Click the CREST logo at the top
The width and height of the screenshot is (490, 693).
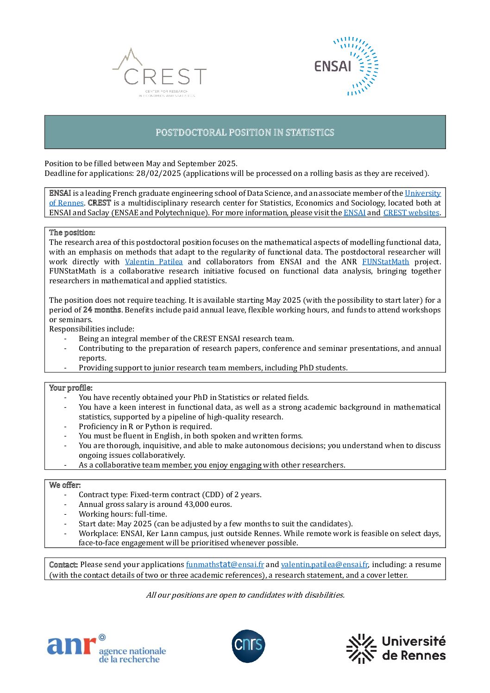pos(160,74)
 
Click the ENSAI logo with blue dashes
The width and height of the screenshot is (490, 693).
pos(346,66)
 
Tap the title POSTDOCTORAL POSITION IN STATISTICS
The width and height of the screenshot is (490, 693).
pos(245,132)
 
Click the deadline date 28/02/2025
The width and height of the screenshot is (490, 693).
pos(159,174)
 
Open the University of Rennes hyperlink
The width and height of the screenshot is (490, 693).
pos(422,194)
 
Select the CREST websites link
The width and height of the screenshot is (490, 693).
pos(411,213)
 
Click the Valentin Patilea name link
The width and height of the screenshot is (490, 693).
pos(154,262)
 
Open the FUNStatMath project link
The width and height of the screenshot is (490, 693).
pos(385,262)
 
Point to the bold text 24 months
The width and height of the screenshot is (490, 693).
pos(102,310)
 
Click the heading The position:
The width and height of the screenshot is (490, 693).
pos(72,233)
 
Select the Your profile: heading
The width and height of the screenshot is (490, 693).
pos(71,388)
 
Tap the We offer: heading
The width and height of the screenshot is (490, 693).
pos(65,485)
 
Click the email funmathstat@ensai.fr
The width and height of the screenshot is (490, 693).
pos(225,565)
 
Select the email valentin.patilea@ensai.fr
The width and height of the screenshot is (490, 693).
pos(324,565)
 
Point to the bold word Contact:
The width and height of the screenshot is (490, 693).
pos(63,565)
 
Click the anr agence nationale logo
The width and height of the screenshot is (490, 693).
pos(106,649)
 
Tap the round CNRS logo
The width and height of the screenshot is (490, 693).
pos(248,646)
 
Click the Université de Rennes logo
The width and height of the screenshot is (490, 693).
pos(396,648)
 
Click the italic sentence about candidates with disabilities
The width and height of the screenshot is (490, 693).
pos(245,595)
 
